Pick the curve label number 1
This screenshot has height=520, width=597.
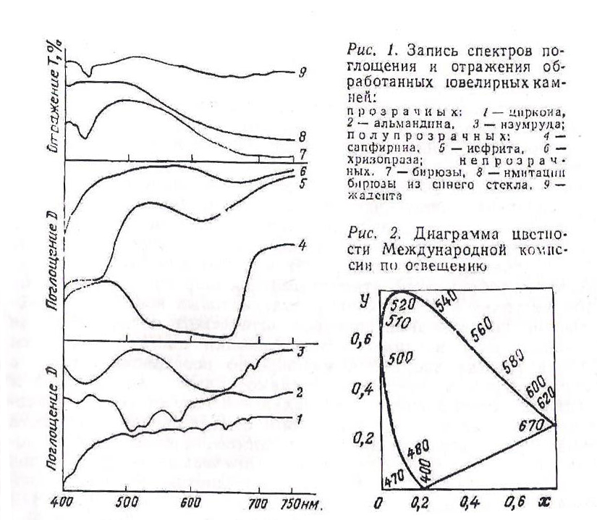pyautogui.click(x=299, y=419)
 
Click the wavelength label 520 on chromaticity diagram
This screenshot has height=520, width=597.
pyautogui.click(x=397, y=304)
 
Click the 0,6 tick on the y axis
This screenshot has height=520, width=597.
pyautogui.click(x=361, y=339)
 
